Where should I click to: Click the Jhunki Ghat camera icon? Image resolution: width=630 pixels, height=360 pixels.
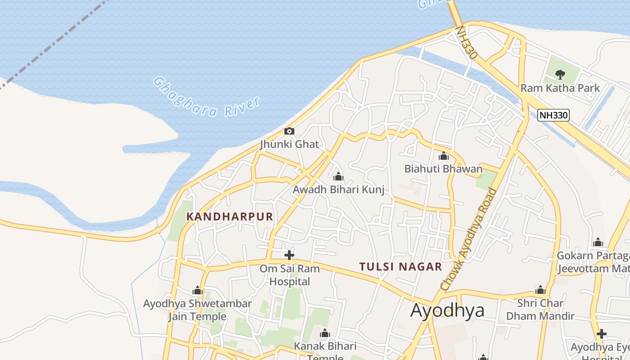coord(289,131)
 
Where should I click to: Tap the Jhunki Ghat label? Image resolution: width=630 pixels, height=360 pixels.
coord(289,144)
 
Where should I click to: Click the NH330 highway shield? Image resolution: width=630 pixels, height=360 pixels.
coord(553,115)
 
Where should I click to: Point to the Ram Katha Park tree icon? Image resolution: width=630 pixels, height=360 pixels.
coord(560,74)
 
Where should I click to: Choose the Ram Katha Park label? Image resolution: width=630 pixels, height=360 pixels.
coord(560,88)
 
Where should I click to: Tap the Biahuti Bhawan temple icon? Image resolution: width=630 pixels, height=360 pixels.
coord(444,156)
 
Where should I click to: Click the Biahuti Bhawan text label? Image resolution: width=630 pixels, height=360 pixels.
coord(443,169)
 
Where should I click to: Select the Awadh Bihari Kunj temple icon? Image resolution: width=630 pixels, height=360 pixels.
coord(338,176)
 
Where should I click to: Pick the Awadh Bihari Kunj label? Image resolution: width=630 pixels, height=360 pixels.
coord(338,189)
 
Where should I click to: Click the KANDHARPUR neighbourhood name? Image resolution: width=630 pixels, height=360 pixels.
coord(230,216)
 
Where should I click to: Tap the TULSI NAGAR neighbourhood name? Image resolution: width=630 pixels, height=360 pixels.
coord(400,267)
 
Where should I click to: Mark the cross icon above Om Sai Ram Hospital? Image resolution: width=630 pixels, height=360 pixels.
coord(289,256)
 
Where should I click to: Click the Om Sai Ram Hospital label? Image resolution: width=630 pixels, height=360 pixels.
coord(289,275)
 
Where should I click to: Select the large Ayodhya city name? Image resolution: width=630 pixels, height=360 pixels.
coord(447,310)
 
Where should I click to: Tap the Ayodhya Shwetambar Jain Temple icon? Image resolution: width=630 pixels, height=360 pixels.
coord(198,291)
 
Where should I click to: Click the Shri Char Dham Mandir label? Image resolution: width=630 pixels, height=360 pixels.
coord(540,310)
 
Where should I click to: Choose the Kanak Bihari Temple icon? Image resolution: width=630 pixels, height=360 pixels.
coord(324,334)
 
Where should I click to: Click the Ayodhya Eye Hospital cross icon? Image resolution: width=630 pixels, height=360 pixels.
coord(601,334)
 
